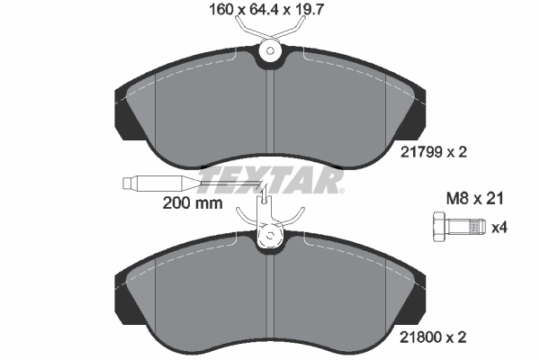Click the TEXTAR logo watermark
270,180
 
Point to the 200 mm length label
192,202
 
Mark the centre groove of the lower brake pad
271,297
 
